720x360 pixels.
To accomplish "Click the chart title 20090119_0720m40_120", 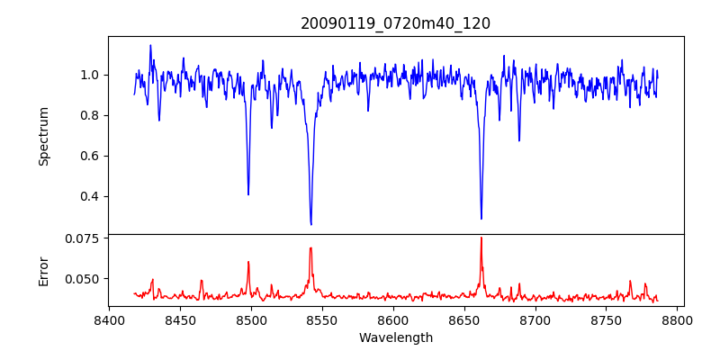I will click(x=395, y=23).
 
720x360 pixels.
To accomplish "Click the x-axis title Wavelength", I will click(x=395, y=338).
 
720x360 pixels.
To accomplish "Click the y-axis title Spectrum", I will click(x=44, y=136).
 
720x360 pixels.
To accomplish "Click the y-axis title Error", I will click(x=44, y=270).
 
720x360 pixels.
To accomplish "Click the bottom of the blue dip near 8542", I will click(x=310, y=224).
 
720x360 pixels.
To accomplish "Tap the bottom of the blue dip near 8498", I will click(x=248, y=194).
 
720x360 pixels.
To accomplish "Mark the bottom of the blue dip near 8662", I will click(x=481, y=219).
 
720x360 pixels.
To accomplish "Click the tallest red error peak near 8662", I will click(x=481, y=238).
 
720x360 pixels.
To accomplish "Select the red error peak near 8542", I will click(x=310, y=248).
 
